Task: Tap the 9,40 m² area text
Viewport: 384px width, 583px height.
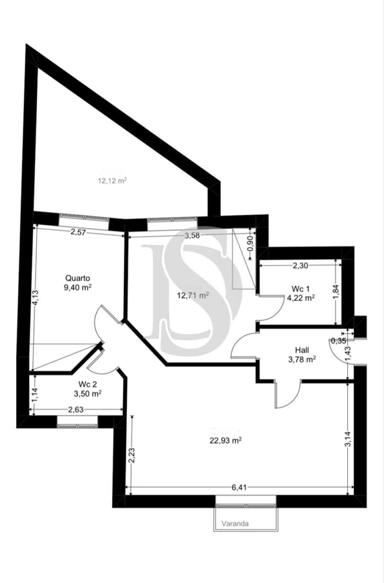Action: tap(78, 287)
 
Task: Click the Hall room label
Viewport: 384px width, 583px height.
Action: tap(302, 350)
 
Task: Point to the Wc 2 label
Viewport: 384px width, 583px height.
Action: tap(87, 384)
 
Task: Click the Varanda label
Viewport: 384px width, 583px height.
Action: tap(235, 523)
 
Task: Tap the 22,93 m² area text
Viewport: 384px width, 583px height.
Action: tap(225, 441)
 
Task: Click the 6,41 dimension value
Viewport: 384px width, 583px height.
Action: tap(240, 487)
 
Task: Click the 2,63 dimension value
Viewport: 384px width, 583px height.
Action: tap(76, 410)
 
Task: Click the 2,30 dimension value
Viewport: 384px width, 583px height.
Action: tap(300, 265)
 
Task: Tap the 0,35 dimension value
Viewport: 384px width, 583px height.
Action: tap(338, 341)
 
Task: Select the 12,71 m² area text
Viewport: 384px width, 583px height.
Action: tap(193, 295)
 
